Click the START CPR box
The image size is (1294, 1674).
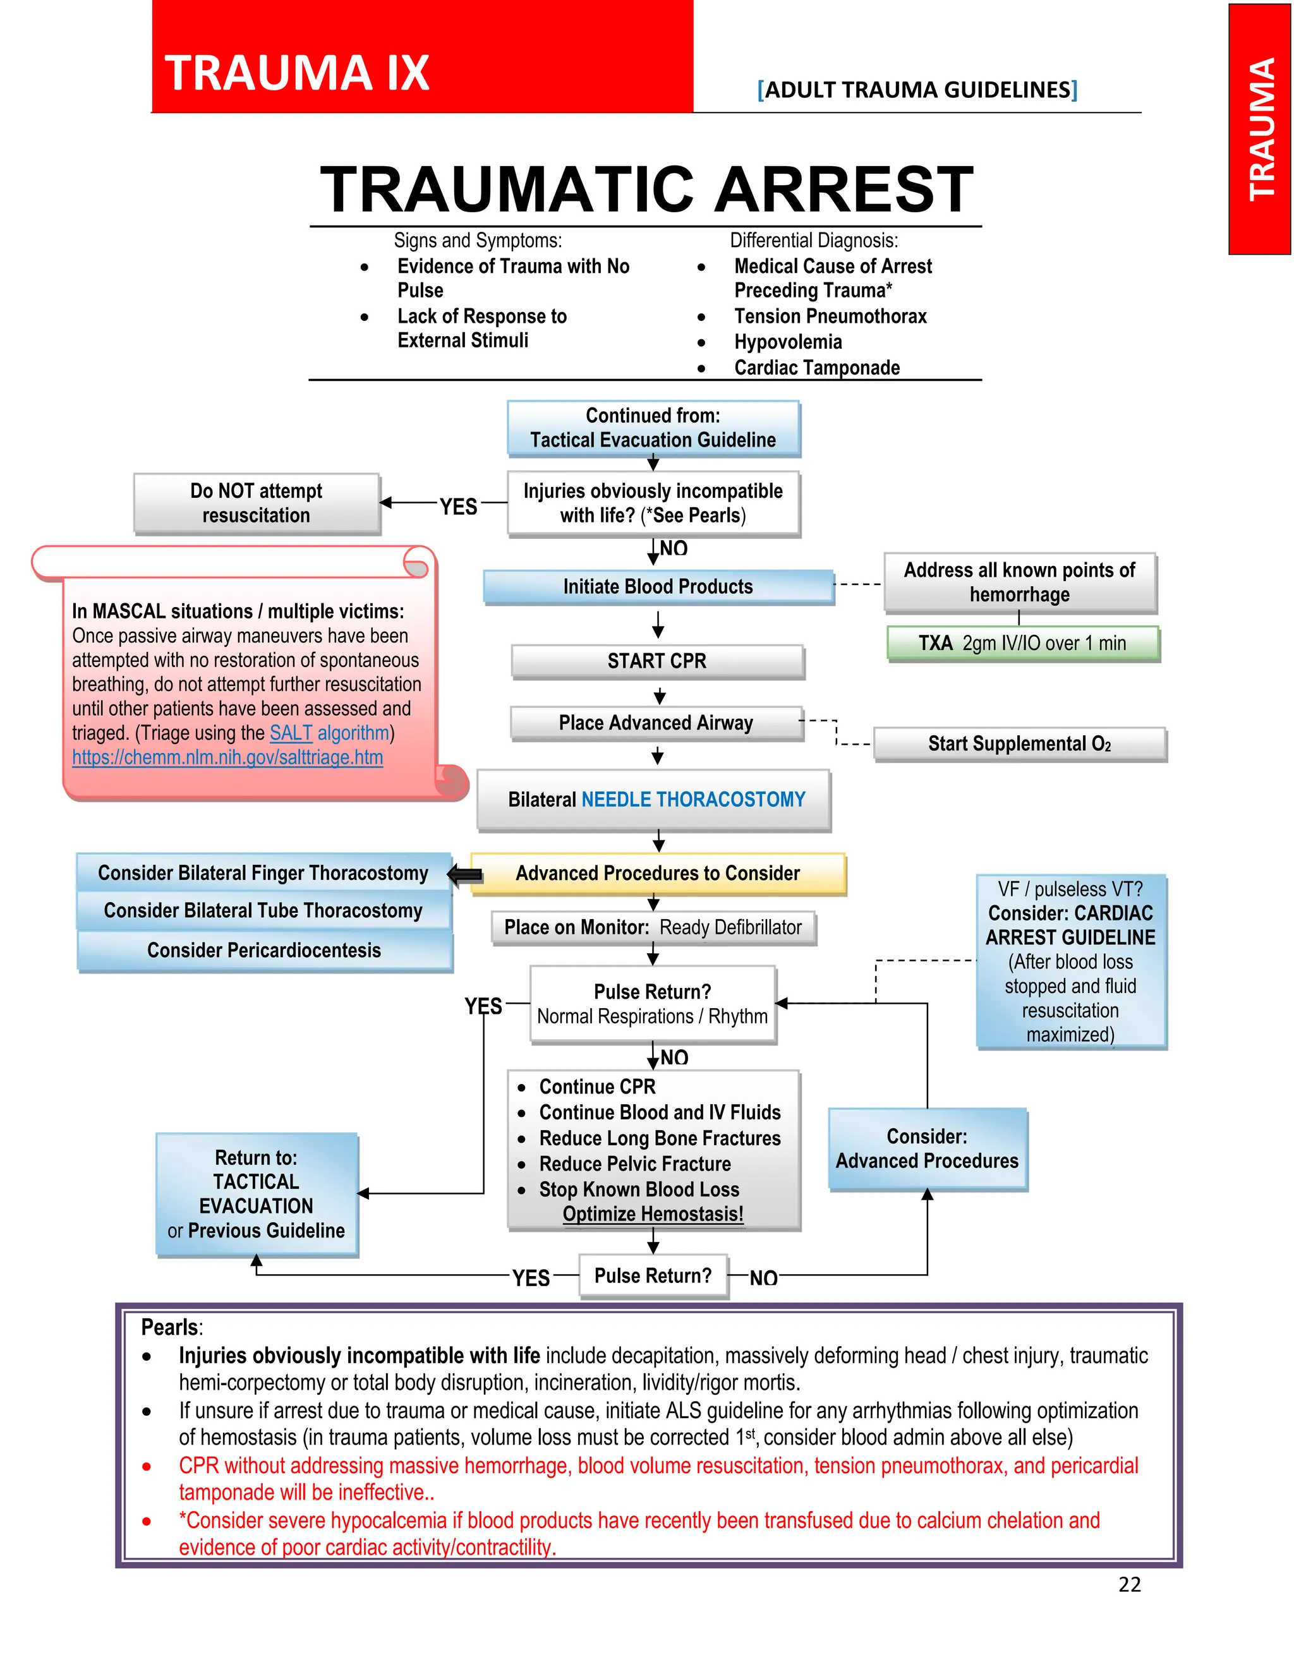point(657,661)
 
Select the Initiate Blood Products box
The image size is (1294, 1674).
point(658,586)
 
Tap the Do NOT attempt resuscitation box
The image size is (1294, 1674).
point(257,503)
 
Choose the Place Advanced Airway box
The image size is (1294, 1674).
point(656,723)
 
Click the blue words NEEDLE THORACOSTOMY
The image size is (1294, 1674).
point(693,800)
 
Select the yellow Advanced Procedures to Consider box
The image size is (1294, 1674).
point(657,873)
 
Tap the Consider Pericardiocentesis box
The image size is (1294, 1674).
point(263,951)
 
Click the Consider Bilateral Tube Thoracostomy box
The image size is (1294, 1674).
point(263,910)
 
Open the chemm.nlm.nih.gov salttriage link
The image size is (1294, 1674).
point(227,757)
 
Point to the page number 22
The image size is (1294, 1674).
point(1129,1584)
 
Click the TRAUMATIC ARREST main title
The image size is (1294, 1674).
point(646,190)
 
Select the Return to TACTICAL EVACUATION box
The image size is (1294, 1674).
point(257,1194)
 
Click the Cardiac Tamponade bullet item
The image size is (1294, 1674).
point(816,368)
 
